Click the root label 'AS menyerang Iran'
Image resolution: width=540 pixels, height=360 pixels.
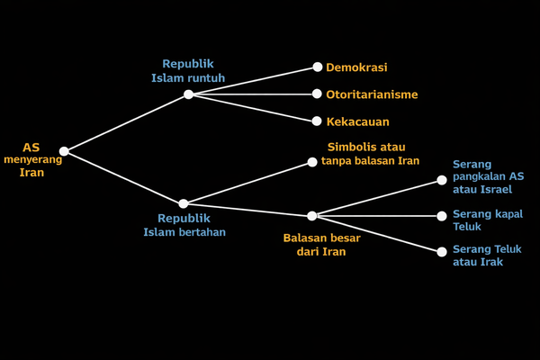coord(31,159)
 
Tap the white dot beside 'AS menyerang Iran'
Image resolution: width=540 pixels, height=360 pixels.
coord(64,151)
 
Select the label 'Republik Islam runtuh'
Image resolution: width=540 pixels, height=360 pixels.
coord(187,70)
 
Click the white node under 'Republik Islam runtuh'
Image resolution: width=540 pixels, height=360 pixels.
coord(188,94)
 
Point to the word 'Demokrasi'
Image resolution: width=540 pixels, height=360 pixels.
coord(356,67)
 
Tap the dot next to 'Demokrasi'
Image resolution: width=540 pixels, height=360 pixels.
coord(317,67)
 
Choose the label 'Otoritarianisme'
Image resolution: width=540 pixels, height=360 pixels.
coord(372,94)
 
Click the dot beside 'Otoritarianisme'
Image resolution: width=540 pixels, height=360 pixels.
coord(317,94)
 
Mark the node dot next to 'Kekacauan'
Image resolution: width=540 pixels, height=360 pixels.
coord(317,121)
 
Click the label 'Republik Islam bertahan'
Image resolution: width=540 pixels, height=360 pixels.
coord(184,225)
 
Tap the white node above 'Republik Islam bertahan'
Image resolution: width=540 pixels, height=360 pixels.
coord(184,204)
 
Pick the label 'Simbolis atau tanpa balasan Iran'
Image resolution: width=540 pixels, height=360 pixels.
coord(370,153)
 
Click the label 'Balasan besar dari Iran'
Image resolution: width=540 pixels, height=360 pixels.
coord(321,245)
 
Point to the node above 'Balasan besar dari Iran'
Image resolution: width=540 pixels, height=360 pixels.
coord(311,216)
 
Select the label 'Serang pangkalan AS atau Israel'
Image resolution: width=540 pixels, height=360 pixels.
coord(489,177)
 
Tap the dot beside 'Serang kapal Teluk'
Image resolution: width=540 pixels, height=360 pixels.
coord(442,216)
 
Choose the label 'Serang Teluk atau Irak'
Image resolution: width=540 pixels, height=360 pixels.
coord(484,255)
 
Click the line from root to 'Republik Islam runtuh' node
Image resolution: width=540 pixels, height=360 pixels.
coord(126,122)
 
